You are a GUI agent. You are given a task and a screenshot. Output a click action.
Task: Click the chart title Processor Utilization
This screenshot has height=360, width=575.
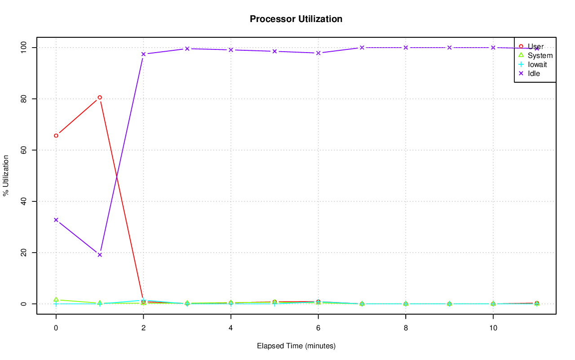pos(296,19)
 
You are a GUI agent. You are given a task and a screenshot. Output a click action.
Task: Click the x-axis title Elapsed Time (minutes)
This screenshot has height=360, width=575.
pos(296,346)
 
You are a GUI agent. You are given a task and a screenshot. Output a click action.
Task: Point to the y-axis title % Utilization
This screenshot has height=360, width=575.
pos(6,176)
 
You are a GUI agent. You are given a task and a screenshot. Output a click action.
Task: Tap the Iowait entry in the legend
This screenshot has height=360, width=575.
pos(537,65)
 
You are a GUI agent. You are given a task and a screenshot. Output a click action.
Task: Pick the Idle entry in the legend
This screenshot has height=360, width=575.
pos(534,74)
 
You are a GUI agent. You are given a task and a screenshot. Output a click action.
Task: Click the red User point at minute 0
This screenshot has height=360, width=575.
pos(56,136)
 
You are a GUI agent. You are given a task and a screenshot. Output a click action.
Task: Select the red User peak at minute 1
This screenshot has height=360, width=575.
pos(100,97)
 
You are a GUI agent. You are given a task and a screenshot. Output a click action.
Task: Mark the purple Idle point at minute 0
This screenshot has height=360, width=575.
pos(56,220)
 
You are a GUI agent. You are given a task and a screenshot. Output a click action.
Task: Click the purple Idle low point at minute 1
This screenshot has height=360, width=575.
pos(100,255)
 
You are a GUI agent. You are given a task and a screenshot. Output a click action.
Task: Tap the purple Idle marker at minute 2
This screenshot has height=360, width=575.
pos(143,54)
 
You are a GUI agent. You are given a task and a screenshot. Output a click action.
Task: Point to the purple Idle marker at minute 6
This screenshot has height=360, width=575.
pos(318,53)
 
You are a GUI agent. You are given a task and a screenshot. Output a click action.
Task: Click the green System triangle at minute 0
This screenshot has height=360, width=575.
pos(56,299)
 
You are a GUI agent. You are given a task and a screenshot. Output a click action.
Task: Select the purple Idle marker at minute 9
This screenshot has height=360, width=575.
pos(449,48)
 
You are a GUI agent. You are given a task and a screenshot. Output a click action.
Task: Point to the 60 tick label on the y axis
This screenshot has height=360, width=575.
pos(25,150)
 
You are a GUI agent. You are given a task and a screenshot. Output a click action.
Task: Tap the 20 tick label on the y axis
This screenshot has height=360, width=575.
pos(25,253)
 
